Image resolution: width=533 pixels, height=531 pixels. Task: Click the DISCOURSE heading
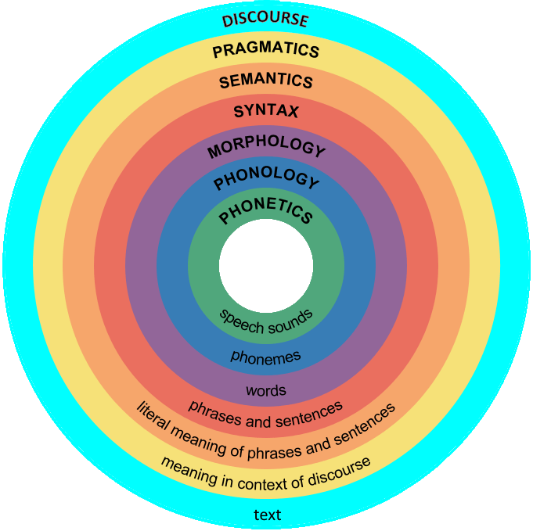tap(265, 20)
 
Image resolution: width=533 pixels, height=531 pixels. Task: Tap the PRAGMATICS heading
tap(266, 52)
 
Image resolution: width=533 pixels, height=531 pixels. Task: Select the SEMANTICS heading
tap(266, 81)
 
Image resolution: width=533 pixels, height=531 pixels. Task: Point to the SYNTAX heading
tap(266, 112)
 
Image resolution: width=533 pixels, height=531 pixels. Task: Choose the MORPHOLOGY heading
tap(266, 148)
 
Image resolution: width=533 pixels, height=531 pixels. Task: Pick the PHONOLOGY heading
tap(266, 181)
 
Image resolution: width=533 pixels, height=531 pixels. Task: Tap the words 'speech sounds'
tap(266, 321)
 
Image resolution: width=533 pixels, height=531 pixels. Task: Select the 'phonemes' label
tap(266, 356)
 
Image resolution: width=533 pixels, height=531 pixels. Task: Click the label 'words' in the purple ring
tap(266, 389)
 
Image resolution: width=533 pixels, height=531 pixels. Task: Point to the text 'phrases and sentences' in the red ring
tap(266, 415)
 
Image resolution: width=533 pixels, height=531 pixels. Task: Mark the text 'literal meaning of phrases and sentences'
tap(266, 441)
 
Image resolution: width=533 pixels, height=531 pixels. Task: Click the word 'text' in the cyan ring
tap(267, 515)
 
